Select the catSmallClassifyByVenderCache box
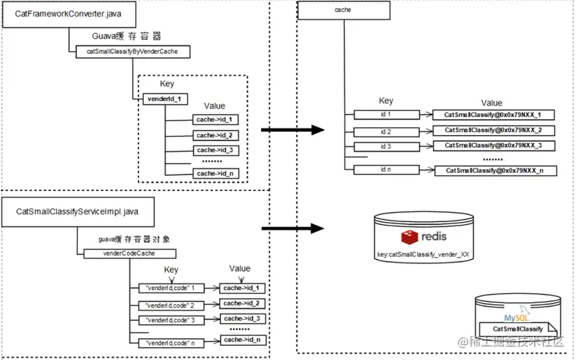coord(133,51)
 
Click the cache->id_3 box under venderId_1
coord(214,150)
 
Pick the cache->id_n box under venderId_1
coord(214,174)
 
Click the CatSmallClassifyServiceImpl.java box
coord(77,212)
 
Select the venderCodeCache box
coord(129,254)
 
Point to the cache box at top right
coord(343,11)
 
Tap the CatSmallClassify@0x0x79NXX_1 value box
coord(493,115)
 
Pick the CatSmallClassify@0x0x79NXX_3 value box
coord(493,145)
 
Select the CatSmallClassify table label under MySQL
coord(518,329)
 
